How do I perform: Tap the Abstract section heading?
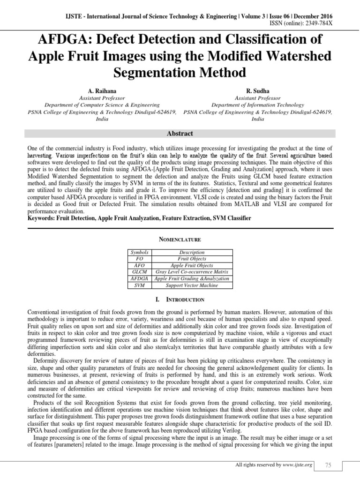(180, 134)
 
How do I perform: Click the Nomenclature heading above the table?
(180, 240)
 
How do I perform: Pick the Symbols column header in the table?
(140, 252)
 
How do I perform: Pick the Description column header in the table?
(192, 252)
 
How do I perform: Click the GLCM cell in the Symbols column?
(140, 272)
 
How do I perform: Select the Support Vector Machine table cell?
(192, 285)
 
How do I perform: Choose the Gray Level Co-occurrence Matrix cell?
(192, 272)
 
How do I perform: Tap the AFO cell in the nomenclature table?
(140, 265)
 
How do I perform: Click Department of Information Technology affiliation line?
(257, 105)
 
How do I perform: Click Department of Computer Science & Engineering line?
(102, 105)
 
